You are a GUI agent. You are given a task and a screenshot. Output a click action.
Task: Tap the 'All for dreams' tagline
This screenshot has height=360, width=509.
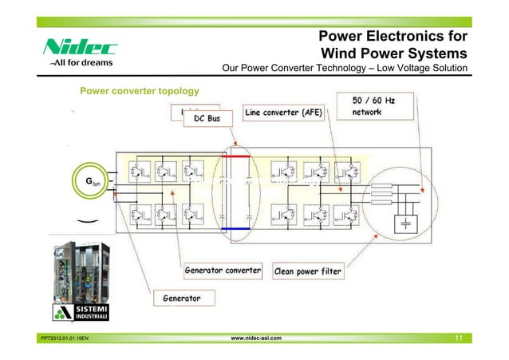(x=81, y=62)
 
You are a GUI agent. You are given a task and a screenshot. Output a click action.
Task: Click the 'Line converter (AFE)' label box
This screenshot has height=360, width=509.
(x=283, y=113)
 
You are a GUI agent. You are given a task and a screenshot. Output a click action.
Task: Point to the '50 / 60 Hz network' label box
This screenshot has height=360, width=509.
(x=384, y=106)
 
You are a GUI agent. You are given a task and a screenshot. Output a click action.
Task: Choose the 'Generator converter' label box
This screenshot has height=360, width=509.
(x=223, y=271)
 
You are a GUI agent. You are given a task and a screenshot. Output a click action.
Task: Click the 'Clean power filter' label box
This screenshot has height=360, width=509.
(x=308, y=271)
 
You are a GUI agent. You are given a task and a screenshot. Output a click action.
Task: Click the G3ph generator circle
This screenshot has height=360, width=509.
(x=91, y=183)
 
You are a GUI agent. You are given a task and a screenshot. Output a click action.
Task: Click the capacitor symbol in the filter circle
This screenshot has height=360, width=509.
(x=407, y=223)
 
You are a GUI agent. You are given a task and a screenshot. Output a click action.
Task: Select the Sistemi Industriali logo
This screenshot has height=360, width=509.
(x=88, y=311)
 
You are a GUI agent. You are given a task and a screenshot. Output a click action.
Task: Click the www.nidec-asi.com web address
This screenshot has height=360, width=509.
(x=255, y=338)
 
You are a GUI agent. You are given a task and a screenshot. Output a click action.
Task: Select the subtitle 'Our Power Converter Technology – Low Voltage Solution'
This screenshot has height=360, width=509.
(x=345, y=69)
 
